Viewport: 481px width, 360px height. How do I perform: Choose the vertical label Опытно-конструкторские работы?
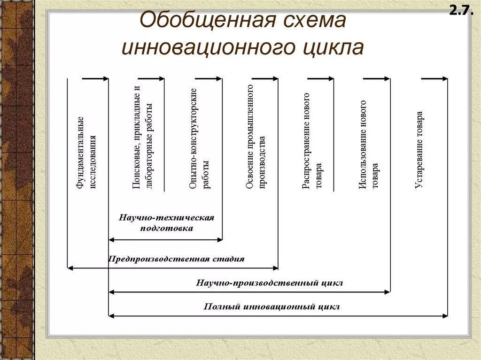[x=199, y=138]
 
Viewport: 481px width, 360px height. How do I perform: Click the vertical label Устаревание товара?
[x=419, y=149]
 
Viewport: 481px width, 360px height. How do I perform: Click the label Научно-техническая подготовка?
[x=166, y=223]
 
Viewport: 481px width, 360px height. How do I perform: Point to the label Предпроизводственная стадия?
[x=177, y=259]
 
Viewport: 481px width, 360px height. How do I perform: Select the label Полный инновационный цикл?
[x=272, y=307]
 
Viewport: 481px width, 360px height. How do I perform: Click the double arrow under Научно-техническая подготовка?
[x=165, y=239]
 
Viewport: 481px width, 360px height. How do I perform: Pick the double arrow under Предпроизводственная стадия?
[x=173, y=268]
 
